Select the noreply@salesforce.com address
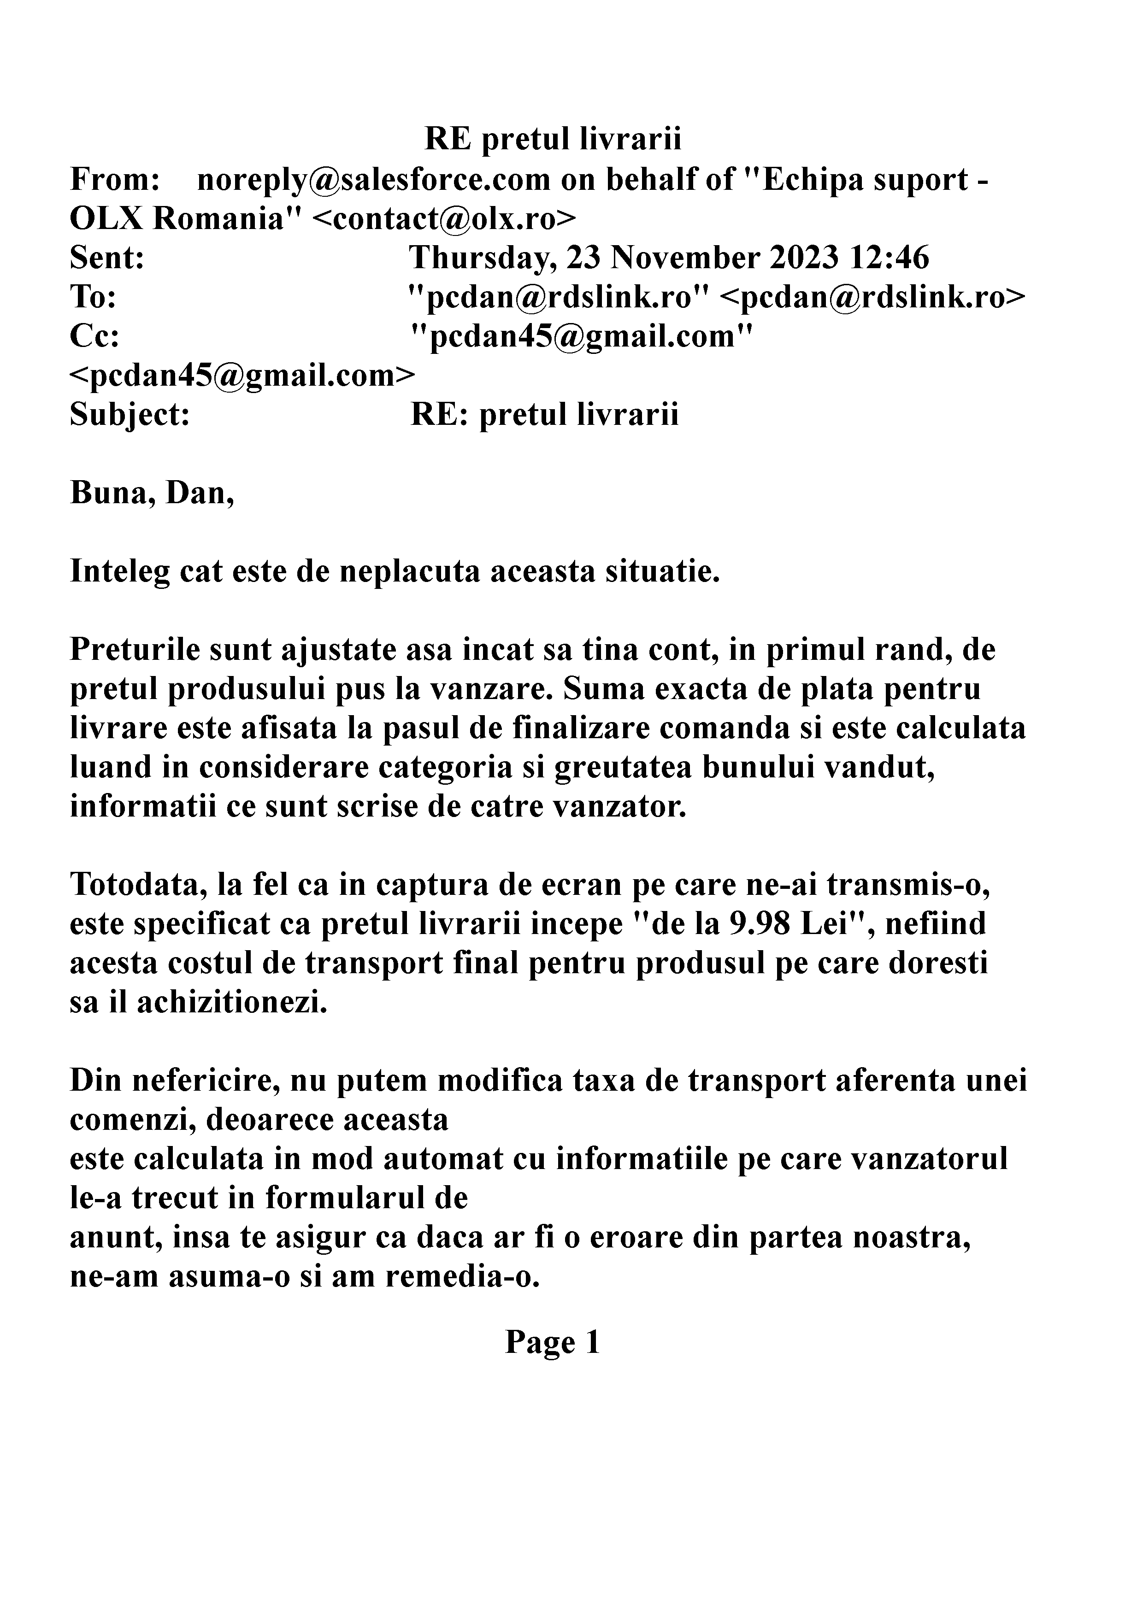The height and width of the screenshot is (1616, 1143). click(x=373, y=180)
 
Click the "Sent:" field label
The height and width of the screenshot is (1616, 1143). click(x=107, y=259)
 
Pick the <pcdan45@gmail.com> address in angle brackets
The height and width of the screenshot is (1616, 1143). click(x=242, y=376)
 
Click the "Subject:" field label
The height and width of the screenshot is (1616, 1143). click(x=130, y=415)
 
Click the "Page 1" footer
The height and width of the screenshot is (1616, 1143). click(x=553, y=1343)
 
